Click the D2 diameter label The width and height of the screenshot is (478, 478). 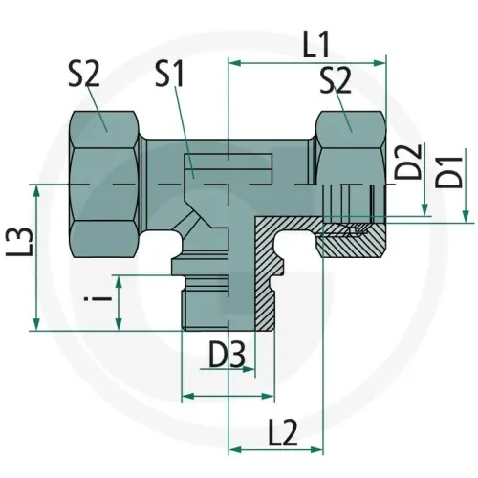(409, 163)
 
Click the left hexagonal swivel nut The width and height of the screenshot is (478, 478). (105, 180)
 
